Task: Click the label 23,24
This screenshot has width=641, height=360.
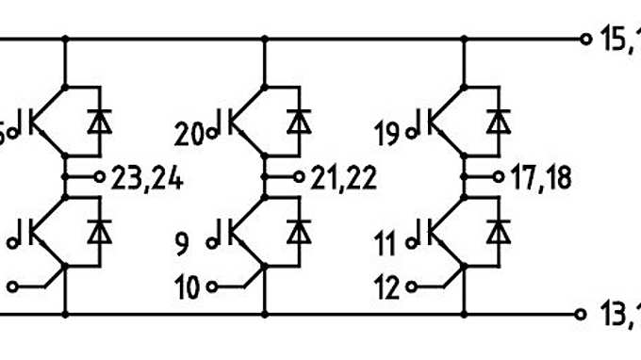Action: (148, 178)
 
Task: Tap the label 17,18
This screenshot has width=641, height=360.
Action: (540, 178)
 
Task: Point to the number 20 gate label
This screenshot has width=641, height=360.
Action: (189, 134)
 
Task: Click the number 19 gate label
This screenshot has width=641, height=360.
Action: (387, 134)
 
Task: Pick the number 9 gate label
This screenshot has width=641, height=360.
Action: (181, 244)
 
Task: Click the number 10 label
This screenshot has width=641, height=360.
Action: (189, 287)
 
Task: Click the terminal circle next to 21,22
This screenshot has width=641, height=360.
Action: (299, 176)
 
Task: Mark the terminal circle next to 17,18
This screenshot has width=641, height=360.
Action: (497, 176)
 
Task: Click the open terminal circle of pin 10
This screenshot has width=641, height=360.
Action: (212, 286)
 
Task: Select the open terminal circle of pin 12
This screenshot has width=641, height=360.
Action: (410, 286)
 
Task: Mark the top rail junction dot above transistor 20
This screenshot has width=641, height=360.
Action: (264, 40)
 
